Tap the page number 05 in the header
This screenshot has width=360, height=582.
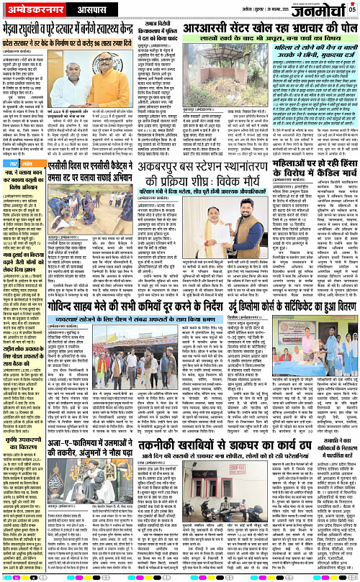352,9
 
